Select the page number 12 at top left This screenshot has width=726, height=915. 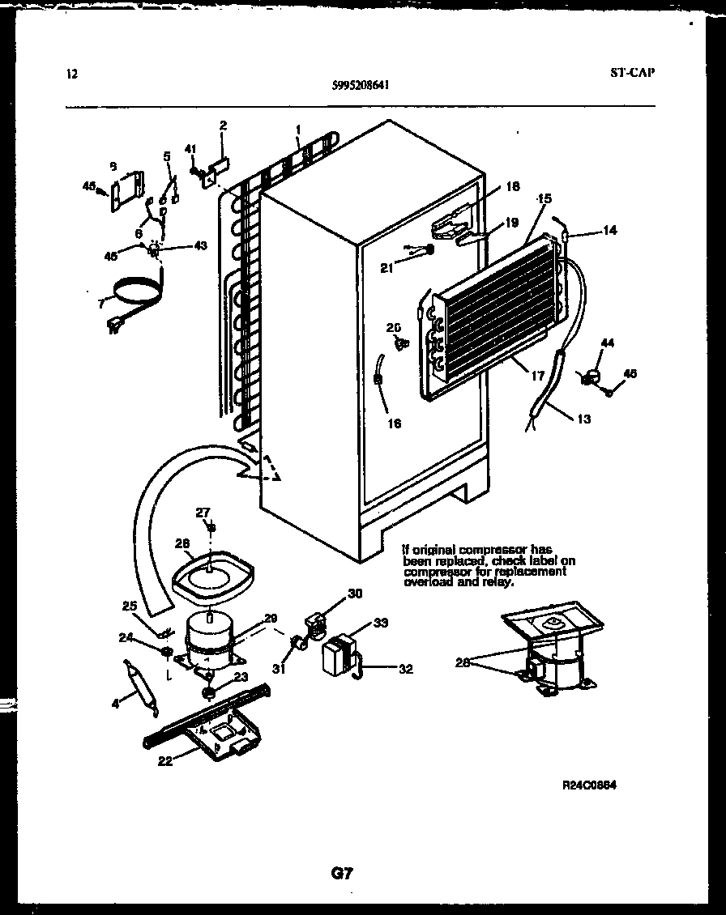tap(71, 74)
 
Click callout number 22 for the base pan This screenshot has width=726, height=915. tap(164, 760)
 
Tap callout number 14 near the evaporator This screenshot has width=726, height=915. tap(609, 231)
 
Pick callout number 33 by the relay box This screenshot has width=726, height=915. tap(380, 623)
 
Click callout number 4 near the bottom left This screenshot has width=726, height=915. tap(115, 704)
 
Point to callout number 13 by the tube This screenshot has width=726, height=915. tap(583, 419)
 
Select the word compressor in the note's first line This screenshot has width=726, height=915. tap(480, 550)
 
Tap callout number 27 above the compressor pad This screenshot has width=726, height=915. tap(202, 512)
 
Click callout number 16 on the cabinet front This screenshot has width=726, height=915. tap(394, 422)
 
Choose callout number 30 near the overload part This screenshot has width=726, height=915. tap(355, 593)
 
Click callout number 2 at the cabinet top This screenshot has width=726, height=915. tap(223, 125)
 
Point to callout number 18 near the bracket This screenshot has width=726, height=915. tap(512, 186)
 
